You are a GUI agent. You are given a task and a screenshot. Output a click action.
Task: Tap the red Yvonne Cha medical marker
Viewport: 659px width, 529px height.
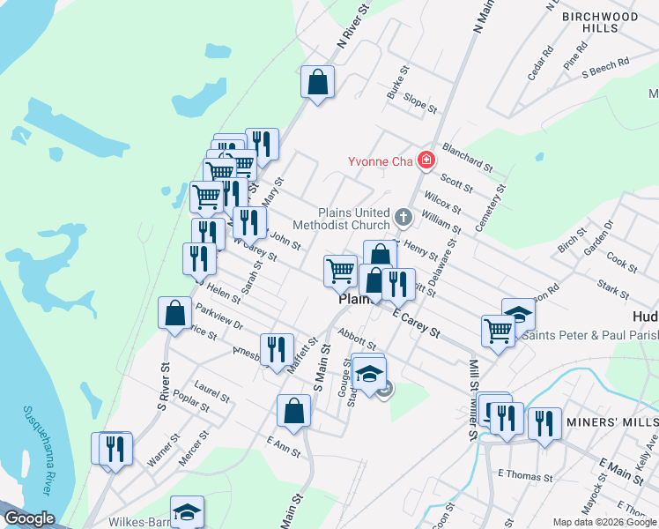[426, 160]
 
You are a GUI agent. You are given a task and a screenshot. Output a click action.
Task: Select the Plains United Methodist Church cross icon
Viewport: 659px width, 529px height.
[404, 216]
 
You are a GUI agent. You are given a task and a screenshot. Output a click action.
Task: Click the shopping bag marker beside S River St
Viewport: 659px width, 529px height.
[174, 312]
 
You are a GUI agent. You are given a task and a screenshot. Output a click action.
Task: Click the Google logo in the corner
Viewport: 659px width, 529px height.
[29, 519]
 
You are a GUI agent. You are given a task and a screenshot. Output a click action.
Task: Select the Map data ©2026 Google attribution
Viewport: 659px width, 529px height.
[603, 522]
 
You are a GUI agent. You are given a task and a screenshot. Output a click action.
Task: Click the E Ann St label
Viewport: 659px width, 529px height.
[283, 446]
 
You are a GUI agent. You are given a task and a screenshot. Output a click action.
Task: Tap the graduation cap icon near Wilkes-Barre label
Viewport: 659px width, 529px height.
[187, 511]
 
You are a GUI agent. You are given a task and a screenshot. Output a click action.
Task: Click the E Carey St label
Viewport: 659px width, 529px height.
[416, 321]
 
